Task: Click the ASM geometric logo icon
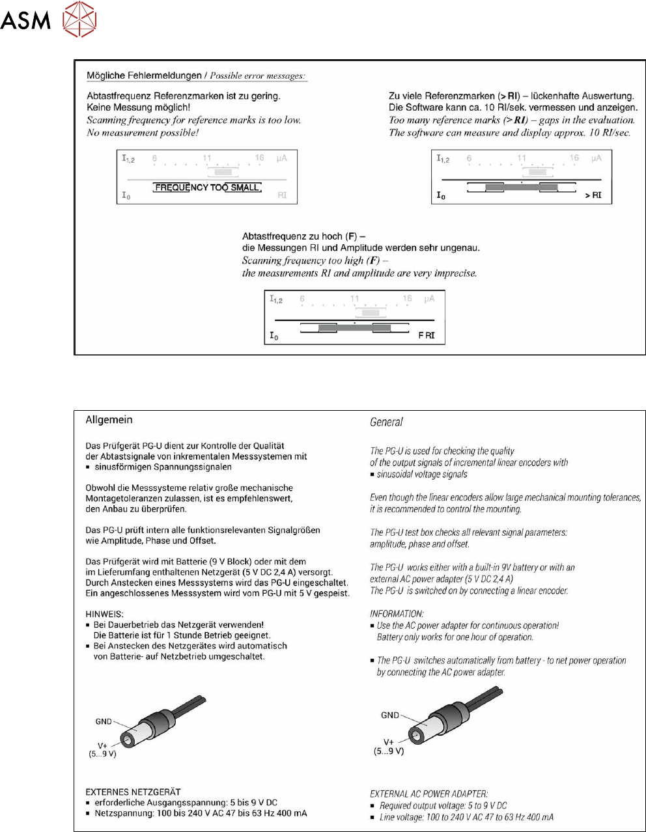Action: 79,19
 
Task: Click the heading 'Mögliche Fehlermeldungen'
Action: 144,76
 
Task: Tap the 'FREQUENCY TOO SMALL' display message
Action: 207,187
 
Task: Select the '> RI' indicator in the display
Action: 593,195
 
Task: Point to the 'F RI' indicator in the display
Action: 426,335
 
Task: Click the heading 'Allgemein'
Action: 109,420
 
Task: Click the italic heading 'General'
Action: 386,422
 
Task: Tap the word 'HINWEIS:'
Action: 104,614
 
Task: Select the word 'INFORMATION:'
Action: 397,614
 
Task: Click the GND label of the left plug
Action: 104,721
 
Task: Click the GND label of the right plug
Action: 390,715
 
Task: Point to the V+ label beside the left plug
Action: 103,745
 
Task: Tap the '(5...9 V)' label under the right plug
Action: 389,751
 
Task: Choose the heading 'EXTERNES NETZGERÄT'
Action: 133,792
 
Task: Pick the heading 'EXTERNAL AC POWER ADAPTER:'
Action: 428,794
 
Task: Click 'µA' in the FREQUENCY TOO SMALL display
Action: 281,158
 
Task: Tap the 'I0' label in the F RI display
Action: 274,336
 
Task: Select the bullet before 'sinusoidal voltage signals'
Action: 372,475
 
